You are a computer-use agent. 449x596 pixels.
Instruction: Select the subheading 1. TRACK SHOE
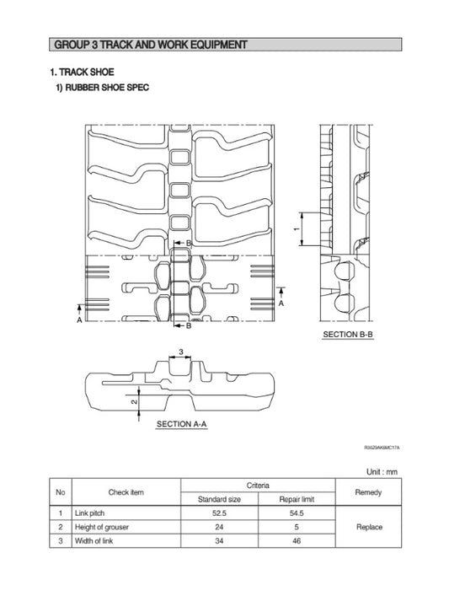click(x=82, y=72)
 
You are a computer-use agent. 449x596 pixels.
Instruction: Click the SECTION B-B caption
click(x=348, y=335)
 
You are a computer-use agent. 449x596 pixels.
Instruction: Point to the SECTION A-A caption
click(x=181, y=424)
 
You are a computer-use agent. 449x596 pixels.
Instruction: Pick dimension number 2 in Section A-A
click(x=134, y=403)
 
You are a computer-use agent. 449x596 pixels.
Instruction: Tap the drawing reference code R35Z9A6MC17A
click(x=382, y=449)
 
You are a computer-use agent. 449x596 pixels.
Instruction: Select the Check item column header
click(x=126, y=492)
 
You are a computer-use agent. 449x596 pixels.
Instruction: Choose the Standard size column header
click(x=219, y=499)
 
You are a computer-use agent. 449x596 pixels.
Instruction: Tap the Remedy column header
click(x=369, y=492)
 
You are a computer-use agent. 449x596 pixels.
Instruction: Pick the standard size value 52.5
click(x=219, y=513)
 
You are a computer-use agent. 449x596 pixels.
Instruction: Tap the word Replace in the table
click(x=369, y=527)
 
